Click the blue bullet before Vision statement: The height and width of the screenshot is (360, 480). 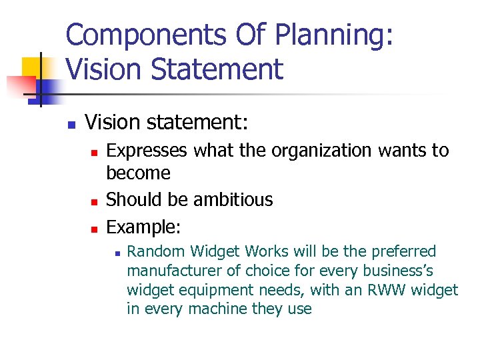[71, 124]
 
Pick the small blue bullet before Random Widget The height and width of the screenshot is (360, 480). [116, 253]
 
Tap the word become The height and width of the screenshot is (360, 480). [139, 173]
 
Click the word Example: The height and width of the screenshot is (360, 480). [143, 227]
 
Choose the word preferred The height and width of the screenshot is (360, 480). [404, 251]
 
